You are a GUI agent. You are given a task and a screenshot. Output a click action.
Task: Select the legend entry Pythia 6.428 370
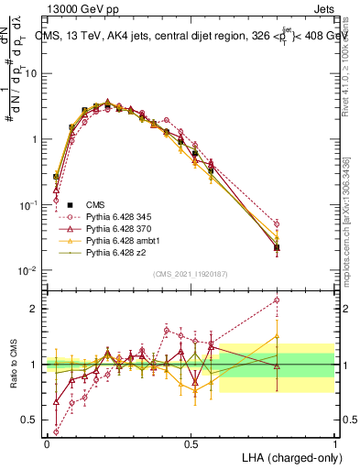(x=119, y=227)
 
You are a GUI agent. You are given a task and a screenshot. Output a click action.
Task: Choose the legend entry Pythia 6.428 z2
(x=115, y=251)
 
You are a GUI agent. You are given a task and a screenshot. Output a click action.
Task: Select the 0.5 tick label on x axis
(x=191, y=443)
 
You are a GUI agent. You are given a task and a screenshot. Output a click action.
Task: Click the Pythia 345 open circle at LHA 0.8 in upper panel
(x=277, y=224)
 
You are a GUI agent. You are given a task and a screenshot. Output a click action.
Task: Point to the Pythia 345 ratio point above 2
(x=277, y=300)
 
